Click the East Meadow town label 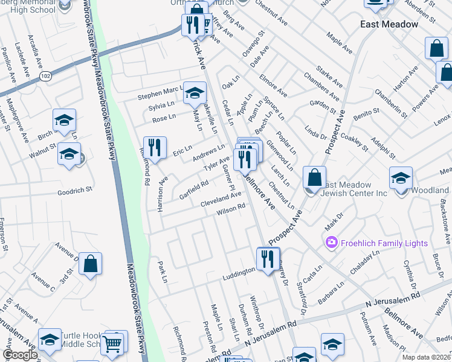[x=389, y=24]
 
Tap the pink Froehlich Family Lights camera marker [x=331, y=243]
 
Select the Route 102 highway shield [x=46, y=75]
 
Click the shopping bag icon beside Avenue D [x=90, y=264]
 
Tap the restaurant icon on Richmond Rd [x=155, y=148]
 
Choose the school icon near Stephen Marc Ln [x=195, y=93]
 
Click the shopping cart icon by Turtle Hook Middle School [x=112, y=343]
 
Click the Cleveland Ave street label [x=221, y=198]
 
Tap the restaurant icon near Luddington [x=265, y=259]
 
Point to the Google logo [x=20, y=355]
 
